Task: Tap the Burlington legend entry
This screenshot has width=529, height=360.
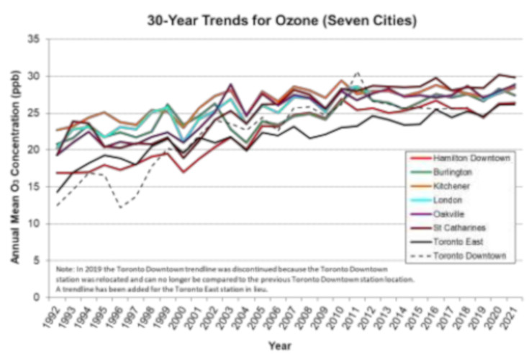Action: click(x=465, y=173)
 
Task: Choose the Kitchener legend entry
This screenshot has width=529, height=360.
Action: click(x=463, y=186)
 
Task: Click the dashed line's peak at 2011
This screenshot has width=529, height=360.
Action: click(x=358, y=73)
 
